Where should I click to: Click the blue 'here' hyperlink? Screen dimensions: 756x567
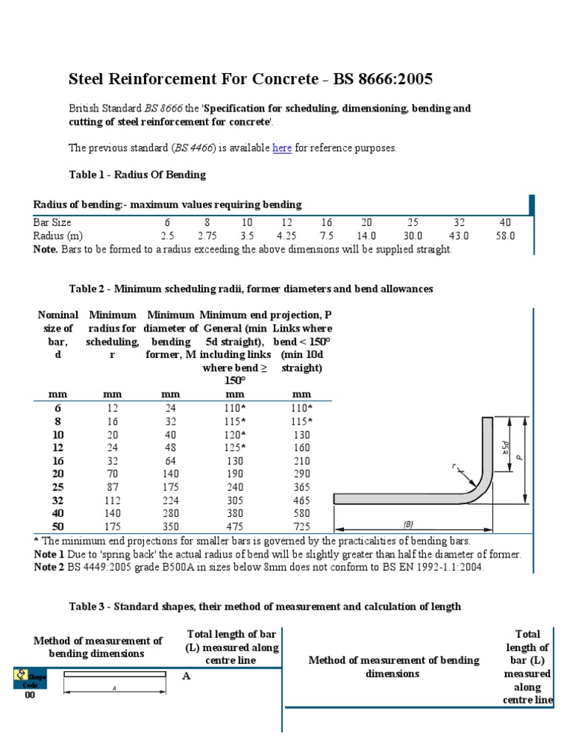click(x=282, y=148)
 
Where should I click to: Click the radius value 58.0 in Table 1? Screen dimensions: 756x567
click(x=505, y=236)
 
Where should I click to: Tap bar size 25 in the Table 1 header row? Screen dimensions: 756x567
click(x=413, y=222)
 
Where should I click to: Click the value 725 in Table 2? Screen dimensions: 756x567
click(x=302, y=527)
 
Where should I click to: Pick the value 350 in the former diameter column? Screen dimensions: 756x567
click(x=171, y=527)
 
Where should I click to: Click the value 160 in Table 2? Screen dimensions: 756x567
click(x=302, y=447)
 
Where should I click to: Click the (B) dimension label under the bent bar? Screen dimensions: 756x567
click(x=408, y=524)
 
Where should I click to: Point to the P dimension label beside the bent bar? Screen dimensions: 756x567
click(x=520, y=457)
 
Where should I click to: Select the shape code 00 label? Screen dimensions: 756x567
click(x=30, y=695)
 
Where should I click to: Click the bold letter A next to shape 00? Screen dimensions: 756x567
click(x=187, y=676)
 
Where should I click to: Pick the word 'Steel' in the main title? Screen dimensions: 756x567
click(x=85, y=79)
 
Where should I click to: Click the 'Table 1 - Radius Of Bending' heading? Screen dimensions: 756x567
click(x=137, y=175)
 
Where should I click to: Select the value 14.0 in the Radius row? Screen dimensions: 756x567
click(x=366, y=236)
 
